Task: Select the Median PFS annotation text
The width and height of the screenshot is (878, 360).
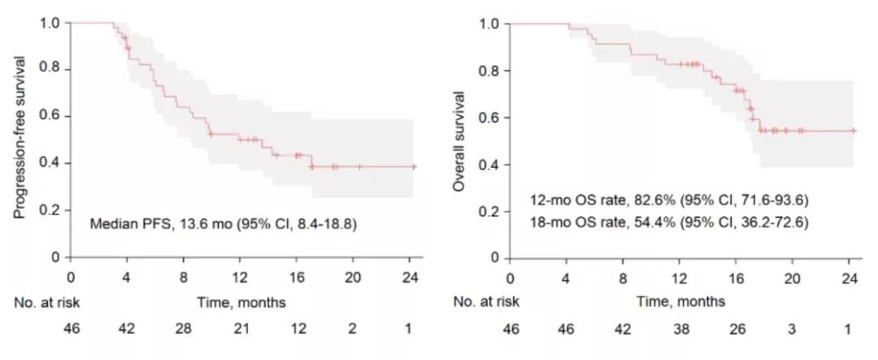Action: [x=223, y=221]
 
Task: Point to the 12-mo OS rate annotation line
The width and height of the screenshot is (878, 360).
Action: [x=667, y=200]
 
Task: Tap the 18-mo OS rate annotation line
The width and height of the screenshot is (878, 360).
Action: [x=667, y=221]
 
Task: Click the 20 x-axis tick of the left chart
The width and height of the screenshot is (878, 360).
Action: [x=353, y=275]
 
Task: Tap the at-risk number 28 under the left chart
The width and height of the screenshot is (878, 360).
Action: [x=184, y=329]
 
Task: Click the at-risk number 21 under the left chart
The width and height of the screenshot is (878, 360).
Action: [x=240, y=329]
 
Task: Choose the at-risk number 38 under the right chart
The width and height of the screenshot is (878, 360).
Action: [x=680, y=329]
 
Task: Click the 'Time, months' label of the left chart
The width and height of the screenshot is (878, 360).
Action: [x=241, y=302]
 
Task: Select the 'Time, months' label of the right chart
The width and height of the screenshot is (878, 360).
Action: [x=680, y=302]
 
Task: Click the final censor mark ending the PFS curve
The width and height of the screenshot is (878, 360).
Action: [x=414, y=167]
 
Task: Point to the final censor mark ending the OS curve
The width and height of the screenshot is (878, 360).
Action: [x=853, y=130]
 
